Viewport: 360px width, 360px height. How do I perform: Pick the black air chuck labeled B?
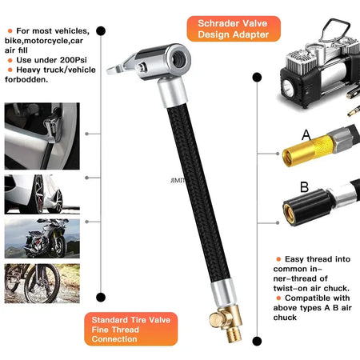click(x=308, y=210)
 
